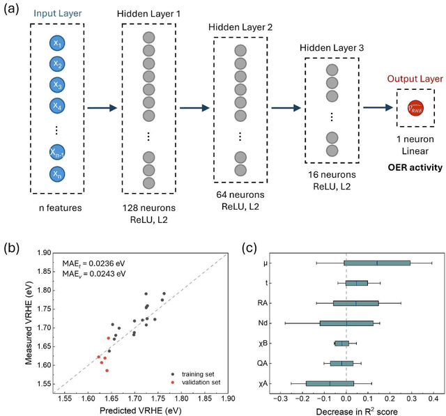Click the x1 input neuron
coord(58,43)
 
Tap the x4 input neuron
coord(58,107)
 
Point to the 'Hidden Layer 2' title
coord(240,26)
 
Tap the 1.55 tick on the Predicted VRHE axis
coord(64,399)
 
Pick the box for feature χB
coord(341,344)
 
